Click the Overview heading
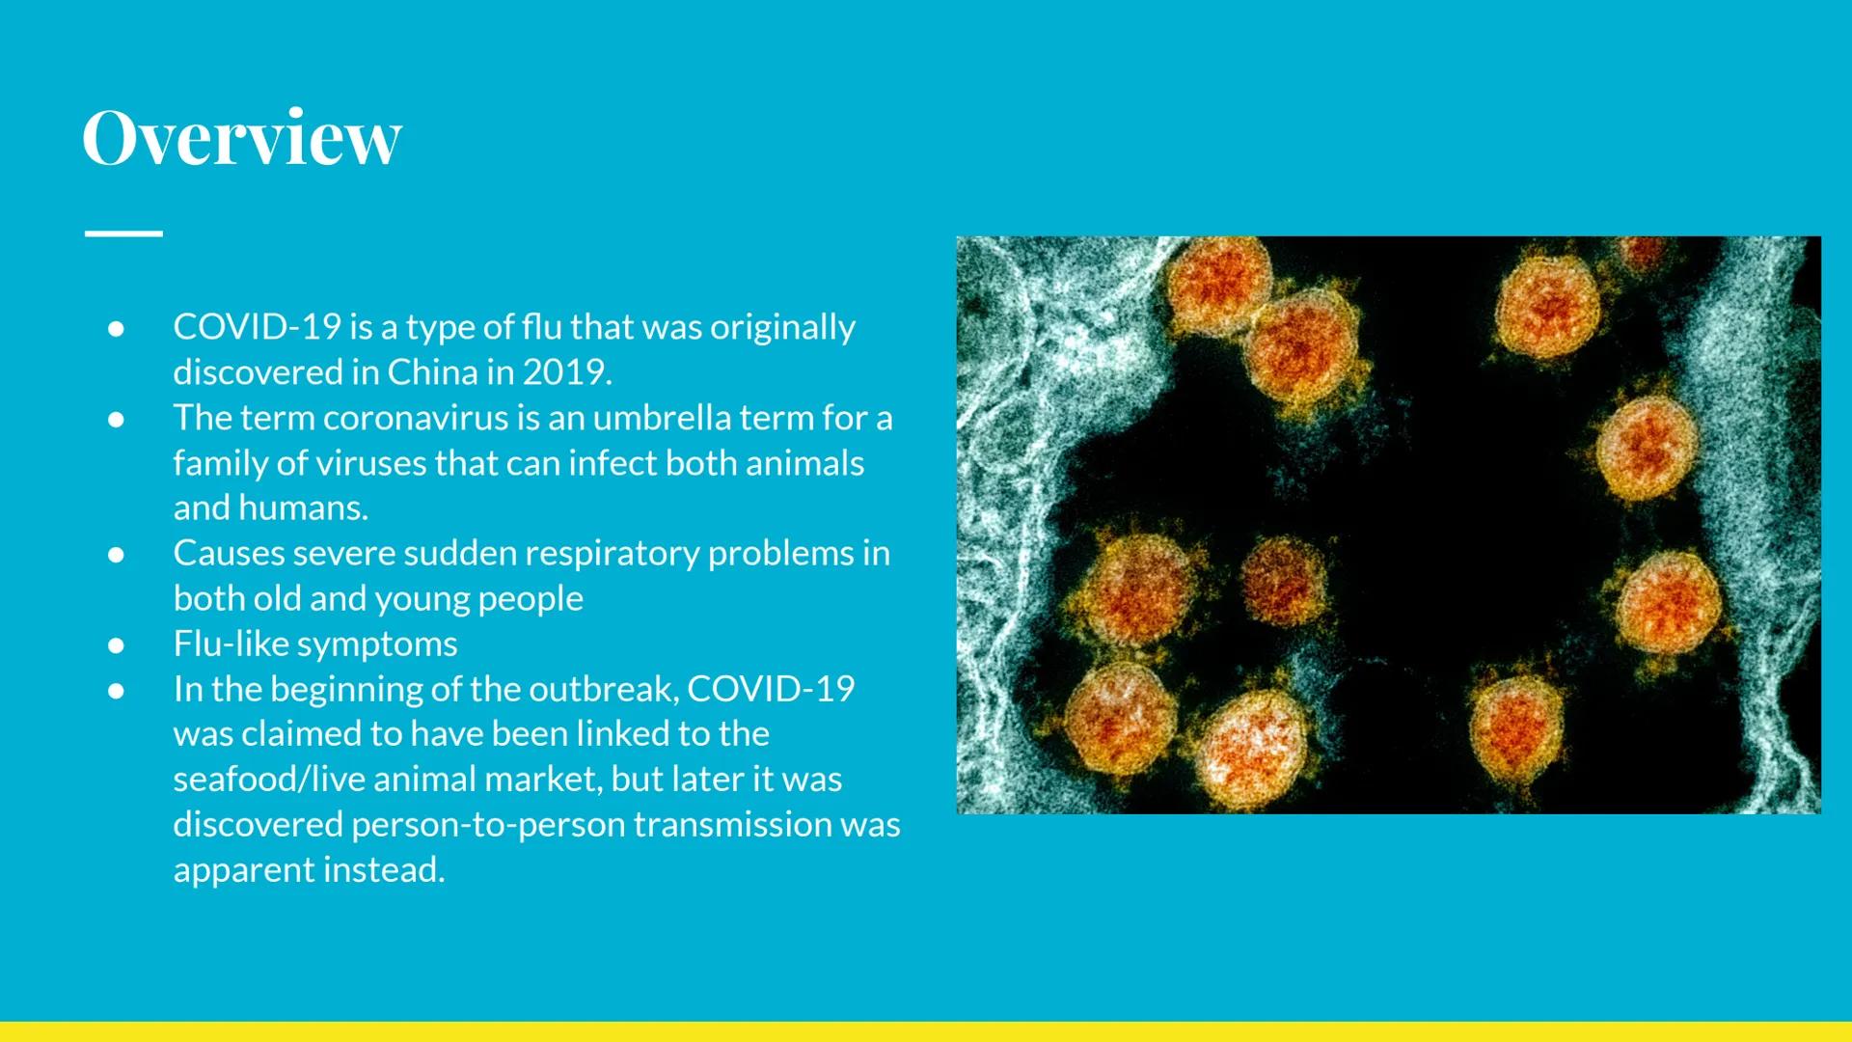tap(241, 138)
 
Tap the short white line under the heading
tap(123, 233)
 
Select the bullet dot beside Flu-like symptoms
tap(116, 644)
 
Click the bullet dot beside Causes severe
tap(116, 554)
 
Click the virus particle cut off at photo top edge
tap(1642, 251)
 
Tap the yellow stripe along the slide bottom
tap(926, 1031)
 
